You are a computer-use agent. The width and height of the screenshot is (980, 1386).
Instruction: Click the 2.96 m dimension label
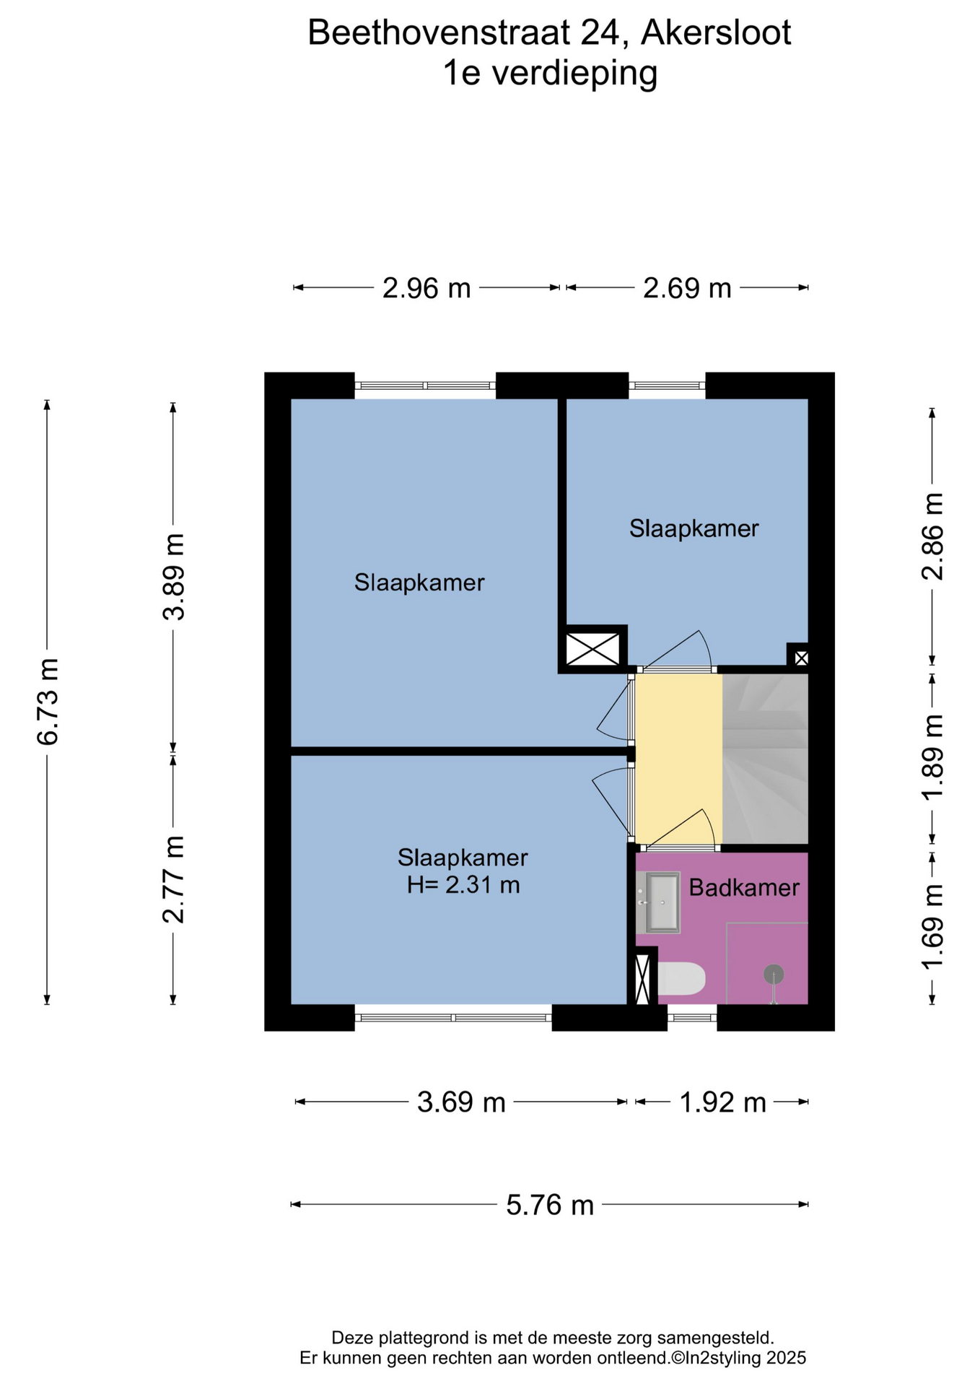click(426, 289)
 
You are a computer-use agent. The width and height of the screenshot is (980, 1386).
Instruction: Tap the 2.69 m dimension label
click(687, 289)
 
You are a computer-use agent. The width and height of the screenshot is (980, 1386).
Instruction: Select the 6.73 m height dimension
click(48, 701)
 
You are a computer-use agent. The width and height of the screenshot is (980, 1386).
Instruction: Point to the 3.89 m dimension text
click(173, 577)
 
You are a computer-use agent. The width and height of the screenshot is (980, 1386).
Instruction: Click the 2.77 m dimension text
click(173, 879)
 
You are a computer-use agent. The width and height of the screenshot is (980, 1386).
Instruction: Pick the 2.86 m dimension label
click(932, 536)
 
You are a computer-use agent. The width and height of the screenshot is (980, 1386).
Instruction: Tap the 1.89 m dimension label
click(932, 757)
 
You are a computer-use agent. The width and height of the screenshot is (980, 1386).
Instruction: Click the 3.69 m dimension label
click(461, 1102)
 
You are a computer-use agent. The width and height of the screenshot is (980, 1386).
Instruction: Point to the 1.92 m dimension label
click(722, 1102)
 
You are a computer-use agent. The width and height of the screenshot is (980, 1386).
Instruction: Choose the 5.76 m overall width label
click(550, 1205)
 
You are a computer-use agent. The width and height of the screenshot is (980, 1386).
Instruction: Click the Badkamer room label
click(744, 887)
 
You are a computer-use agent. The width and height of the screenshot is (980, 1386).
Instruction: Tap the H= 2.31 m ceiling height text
click(463, 884)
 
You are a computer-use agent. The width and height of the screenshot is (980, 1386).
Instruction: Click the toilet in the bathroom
click(681, 979)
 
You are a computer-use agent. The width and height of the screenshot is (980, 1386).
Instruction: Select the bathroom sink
click(662, 902)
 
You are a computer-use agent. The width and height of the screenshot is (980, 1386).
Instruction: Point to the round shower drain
click(774, 974)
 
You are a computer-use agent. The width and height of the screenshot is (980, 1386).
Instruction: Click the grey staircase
click(765, 759)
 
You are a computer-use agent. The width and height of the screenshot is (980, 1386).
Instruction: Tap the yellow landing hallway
click(678, 759)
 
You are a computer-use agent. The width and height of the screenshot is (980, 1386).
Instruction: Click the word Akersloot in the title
click(716, 34)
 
